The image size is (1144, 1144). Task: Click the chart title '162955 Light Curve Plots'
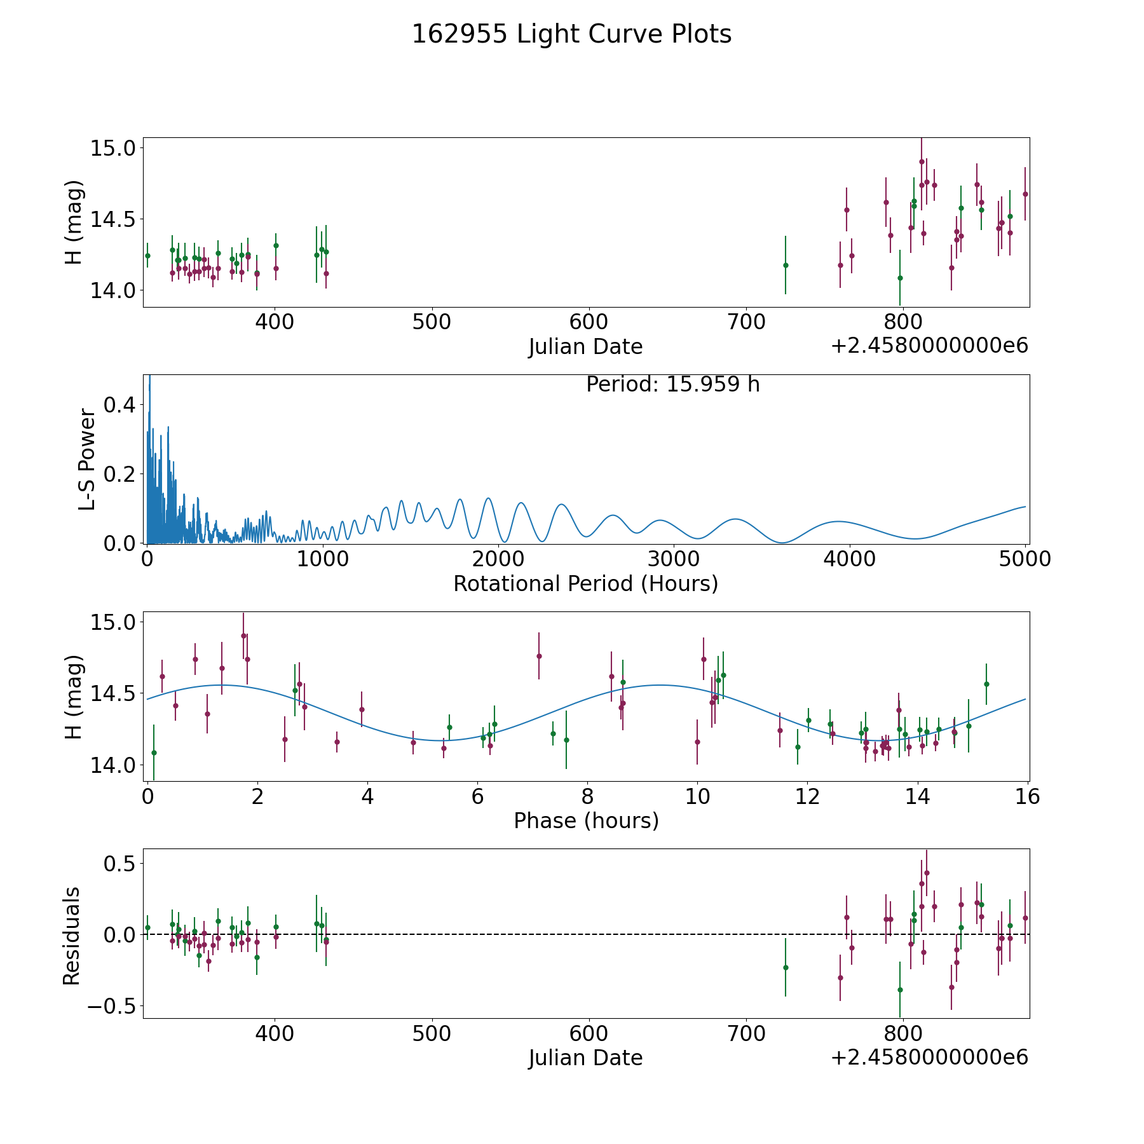pos(571,34)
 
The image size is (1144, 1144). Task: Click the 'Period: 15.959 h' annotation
pos(672,385)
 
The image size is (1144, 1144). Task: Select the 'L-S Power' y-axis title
pos(87,459)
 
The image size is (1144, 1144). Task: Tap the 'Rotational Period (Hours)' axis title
pos(585,583)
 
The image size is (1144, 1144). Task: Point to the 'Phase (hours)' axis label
pos(585,821)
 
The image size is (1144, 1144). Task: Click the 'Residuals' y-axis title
pos(72,936)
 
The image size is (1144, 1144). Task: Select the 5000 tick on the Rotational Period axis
pos(1025,559)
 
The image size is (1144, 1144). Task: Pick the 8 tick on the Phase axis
pos(587,796)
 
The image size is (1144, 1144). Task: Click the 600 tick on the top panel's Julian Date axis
pos(589,322)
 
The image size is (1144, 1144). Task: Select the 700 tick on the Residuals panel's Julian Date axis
pos(746,1034)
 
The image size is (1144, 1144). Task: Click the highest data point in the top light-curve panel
pos(922,161)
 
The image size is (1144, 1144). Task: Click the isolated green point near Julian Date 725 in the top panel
pos(786,265)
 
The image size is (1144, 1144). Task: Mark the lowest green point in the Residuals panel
pos(900,990)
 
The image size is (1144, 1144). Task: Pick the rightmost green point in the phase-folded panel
pos(986,684)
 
